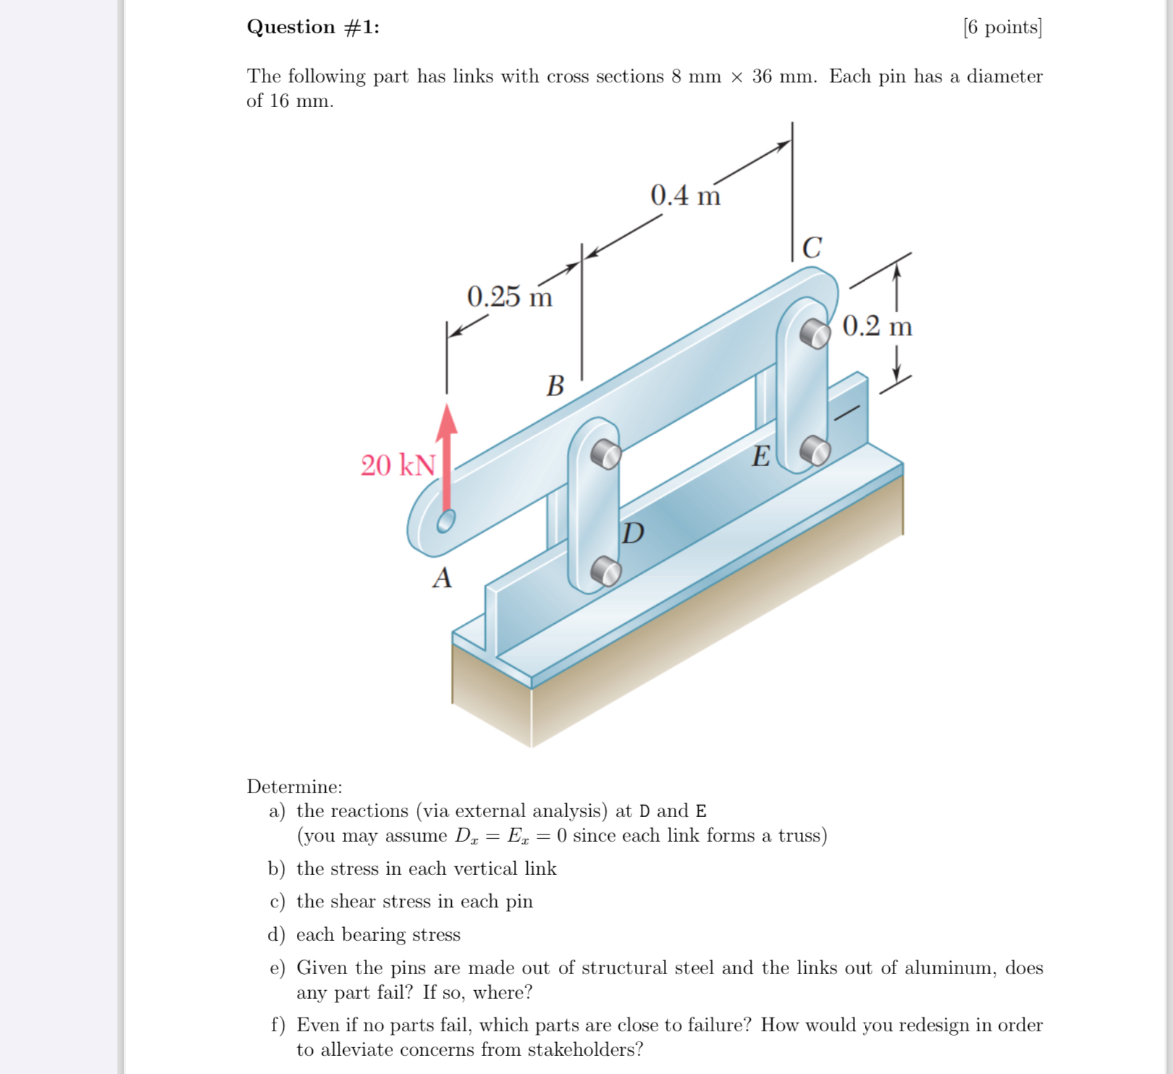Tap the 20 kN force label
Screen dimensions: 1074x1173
(398, 465)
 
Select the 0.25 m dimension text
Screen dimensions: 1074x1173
(509, 297)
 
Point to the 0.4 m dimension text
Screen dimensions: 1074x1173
(685, 195)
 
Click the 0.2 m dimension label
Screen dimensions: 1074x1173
(877, 326)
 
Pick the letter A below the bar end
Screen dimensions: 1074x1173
(442, 578)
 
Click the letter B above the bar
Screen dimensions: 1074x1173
(555, 386)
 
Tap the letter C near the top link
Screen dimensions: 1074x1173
(812, 248)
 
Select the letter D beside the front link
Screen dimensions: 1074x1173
(633, 533)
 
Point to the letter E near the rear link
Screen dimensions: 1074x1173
(760, 457)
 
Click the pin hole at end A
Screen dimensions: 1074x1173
(445, 521)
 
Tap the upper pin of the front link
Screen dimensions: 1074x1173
(605, 454)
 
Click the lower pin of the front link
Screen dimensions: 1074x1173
(605, 571)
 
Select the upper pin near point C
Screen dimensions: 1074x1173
(815, 333)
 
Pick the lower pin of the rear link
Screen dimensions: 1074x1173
(815, 450)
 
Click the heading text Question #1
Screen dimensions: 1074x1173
(313, 27)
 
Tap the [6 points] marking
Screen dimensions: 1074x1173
(1002, 28)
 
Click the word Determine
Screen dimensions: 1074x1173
(294, 787)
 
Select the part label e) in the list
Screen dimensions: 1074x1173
(277, 968)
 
